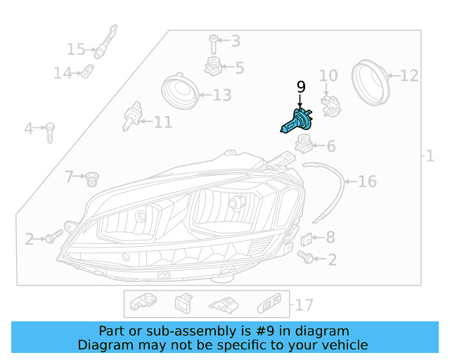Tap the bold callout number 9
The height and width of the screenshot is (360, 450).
[x=301, y=87]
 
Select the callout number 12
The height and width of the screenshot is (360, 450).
[x=409, y=75]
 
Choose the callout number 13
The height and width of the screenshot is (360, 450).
[x=221, y=94]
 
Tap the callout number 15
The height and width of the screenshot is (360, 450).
[x=76, y=49]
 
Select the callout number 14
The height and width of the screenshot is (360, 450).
[x=63, y=72]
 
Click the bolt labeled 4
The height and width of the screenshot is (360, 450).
[x=51, y=131]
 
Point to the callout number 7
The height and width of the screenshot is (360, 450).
[x=70, y=176]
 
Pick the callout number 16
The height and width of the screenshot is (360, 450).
[x=368, y=182]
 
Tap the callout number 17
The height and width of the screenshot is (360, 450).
[x=304, y=305]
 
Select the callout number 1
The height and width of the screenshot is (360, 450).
[x=430, y=156]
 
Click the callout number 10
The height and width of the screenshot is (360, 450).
[x=329, y=76]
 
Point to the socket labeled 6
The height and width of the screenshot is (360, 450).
[x=303, y=145]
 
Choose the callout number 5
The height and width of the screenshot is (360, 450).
[x=240, y=68]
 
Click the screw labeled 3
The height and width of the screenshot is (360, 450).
[x=213, y=44]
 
